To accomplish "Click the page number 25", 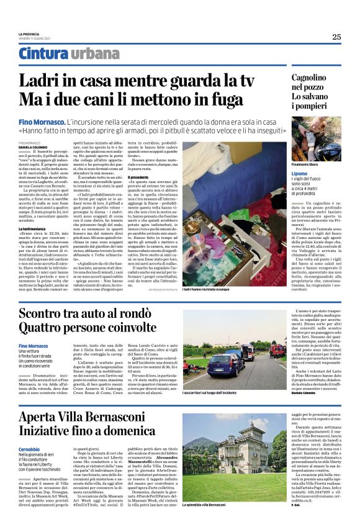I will pyautogui.click(x=336, y=37).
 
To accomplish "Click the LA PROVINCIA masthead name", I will pyautogui.click(x=29, y=34).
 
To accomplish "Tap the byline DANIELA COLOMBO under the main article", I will pyautogui.click(x=32, y=147).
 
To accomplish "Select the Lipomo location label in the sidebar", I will pyautogui.click(x=300, y=173).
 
